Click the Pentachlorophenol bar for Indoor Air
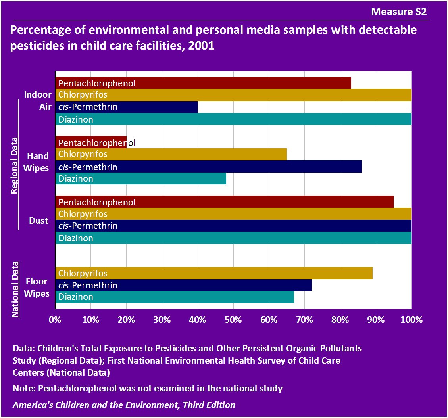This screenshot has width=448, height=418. point(203,83)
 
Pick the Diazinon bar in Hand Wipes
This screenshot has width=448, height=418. point(140,178)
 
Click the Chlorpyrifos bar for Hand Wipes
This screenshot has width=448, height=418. point(171,154)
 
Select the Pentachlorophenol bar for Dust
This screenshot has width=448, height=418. point(224,202)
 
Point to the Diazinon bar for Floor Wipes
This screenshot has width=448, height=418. point(174,297)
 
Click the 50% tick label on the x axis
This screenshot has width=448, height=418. point(233,320)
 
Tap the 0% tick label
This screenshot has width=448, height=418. point(55,320)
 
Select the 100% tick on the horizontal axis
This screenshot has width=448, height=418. point(411,320)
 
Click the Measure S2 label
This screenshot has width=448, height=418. point(398,12)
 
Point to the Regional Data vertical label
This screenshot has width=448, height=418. point(14,165)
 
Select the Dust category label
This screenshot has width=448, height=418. point(38,221)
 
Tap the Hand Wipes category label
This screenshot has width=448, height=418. point(38,162)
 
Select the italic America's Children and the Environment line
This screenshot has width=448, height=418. point(124,405)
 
